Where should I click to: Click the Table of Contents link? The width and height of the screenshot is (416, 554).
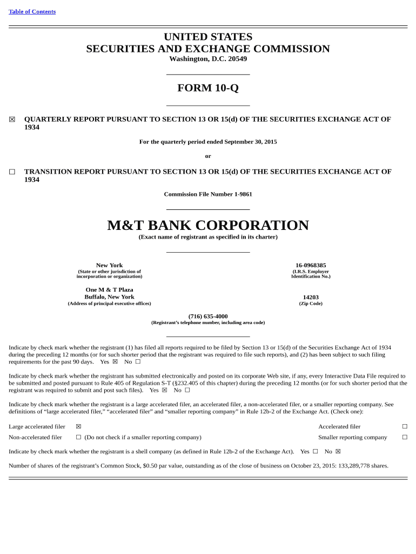pos(32,11)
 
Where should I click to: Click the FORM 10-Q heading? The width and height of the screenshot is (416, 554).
pos(208,88)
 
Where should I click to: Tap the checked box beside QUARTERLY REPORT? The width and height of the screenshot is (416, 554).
pos(12,120)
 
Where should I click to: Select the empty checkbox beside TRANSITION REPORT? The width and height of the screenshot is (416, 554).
pos(12,172)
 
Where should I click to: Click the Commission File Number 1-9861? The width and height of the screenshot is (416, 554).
pos(208,194)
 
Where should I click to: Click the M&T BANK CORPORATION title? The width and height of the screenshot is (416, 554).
pos(208,225)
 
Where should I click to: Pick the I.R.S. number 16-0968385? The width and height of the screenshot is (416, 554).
pos(311,265)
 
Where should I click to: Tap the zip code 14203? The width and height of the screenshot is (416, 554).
pos(311,297)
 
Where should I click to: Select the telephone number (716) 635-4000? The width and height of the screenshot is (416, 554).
pos(208,316)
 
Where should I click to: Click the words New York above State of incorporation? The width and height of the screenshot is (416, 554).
pos(109,265)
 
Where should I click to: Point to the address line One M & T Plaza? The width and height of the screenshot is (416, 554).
pos(109,289)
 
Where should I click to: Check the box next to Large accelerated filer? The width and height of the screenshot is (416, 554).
pos(78,426)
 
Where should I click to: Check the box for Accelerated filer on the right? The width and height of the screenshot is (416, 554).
pos(405,426)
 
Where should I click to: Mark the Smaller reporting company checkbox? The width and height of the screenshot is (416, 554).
pos(405,437)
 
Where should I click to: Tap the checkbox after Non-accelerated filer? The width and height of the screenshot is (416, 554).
pos(78,437)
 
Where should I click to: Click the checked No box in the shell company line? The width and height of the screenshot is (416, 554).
pos(338,451)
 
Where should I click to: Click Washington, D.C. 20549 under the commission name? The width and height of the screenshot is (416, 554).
pos(208,58)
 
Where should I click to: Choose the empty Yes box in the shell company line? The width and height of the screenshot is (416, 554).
pos(315,451)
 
